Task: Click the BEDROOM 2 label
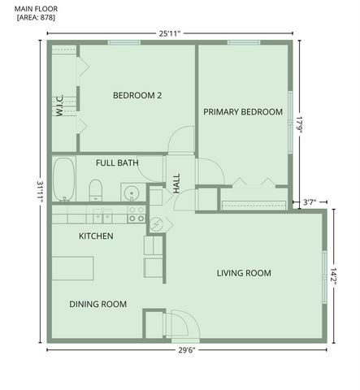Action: coord(137,96)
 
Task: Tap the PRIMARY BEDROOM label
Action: coord(243,112)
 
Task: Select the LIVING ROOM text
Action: coord(244,273)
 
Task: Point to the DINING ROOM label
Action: coord(98,305)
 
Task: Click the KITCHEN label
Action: coord(95,236)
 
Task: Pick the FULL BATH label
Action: coord(117,163)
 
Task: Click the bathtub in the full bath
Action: coord(63,179)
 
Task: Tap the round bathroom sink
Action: coord(131,193)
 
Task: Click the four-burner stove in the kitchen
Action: coord(137,214)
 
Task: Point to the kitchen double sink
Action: coord(102,214)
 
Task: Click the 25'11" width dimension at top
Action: coord(169,33)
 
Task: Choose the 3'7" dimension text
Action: coord(310,201)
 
